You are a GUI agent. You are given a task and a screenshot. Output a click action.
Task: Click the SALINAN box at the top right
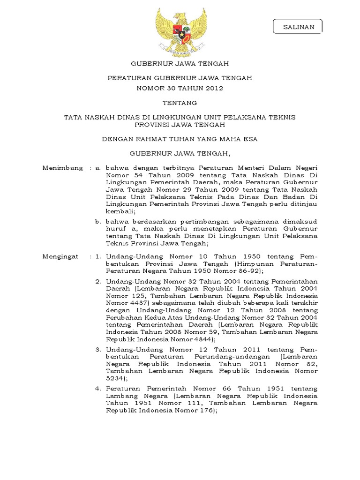(298, 27)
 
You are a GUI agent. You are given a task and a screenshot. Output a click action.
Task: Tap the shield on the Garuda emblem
(180, 33)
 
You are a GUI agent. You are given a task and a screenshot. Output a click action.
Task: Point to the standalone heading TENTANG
(180, 103)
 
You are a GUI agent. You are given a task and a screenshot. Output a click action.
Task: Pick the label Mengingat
(61, 256)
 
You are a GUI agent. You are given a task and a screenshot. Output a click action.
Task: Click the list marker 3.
(98, 349)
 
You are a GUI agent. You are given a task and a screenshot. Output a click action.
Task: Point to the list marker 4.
(98, 389)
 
